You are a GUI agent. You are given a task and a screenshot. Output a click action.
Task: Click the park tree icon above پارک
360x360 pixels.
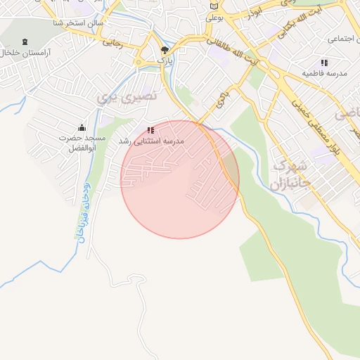[165, 50]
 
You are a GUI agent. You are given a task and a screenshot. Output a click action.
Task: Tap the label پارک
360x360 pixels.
[165, 61]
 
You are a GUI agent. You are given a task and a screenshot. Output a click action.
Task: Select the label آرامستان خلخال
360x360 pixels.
[27, 53]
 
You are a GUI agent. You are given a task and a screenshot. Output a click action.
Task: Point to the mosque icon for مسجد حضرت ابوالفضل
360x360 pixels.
[82, 127]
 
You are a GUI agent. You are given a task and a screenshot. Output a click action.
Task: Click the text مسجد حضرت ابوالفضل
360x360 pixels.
[82, 143]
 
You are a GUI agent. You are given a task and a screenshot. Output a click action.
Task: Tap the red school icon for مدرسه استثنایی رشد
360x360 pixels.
[150, 130]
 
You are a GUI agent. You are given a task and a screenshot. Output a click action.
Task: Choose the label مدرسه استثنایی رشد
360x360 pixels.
[150, 141]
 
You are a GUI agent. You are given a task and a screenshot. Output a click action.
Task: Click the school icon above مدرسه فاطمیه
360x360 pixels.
[324, 63]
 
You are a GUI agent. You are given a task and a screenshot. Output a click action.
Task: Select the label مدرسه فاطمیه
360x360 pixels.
[324, 73]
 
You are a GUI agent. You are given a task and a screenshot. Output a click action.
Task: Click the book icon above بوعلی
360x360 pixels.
[214, 6]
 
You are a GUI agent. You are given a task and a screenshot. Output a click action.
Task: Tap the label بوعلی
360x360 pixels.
[214, 17]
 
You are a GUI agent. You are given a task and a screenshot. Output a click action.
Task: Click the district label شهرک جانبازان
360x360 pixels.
[288, 178]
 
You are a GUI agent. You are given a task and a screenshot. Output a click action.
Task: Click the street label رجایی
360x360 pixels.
[113, 42]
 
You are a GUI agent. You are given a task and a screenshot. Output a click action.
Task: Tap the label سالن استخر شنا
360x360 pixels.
[77, 24]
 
